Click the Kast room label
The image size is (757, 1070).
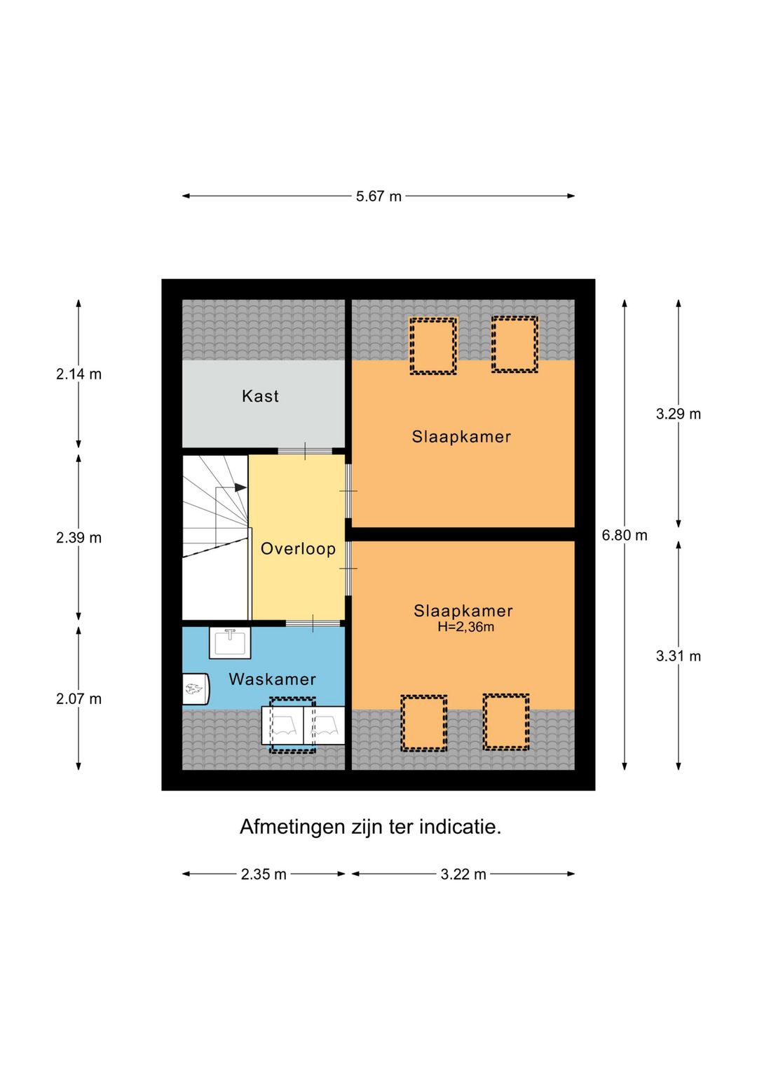click(x=260, y=396)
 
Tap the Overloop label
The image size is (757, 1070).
click(x=298, y=548)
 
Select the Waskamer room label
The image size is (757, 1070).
click(x=272, y=679)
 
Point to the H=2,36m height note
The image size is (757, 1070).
click(x=465, y=627)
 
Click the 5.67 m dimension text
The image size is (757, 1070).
click(x=378, y=196)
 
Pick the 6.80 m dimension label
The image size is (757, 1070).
click(x=625, y=536)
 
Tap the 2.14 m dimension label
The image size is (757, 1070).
click(x=79, y=374)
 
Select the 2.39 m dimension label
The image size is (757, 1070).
click(x=79, y=538)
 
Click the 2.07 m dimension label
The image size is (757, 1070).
click(x=79, y=699)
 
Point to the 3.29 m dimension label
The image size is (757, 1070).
click(x=678, y=414)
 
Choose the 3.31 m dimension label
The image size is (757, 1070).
click(x=678, y=656)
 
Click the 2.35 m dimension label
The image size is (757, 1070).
click(x=264, y=874)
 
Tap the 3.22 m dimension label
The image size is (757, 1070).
click(x=463, y=874)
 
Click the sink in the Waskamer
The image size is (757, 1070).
click(x=230, y=642)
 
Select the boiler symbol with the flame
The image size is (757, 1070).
click(x=196, y=689)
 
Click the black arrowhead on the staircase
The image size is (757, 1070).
click(x=240, y=488)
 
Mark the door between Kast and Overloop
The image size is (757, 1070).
click(x=305, y=450)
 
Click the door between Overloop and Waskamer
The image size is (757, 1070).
click(x=313, y=623)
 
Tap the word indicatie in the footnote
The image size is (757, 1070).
click(x=460, y=827)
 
